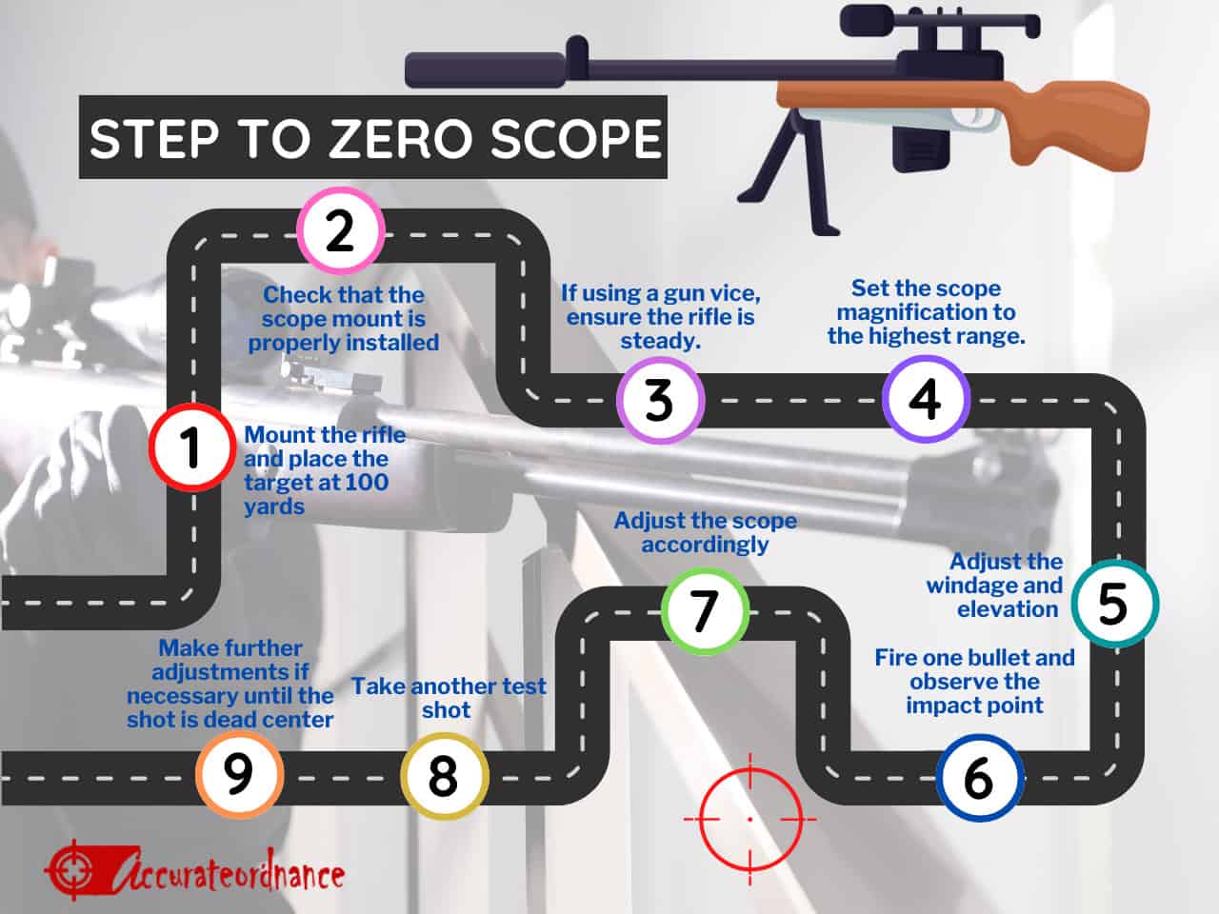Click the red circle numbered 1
point(192,447)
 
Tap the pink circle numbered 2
point(340,230)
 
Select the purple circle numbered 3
point(659,400)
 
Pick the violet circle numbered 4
point(925,399)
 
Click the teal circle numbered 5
point(1113,604)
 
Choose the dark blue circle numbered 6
point(978,778)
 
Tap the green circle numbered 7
point(705,610)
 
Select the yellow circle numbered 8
point(444,776)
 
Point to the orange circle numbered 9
point(239,774)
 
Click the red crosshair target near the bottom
point(750,818)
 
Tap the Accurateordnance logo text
point(229,872)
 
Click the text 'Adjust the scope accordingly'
point(705,532)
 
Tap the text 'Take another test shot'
point(448,698)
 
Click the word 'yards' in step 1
point(274,507)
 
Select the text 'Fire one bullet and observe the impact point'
point(974,682)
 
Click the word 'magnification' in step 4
point(926,312)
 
